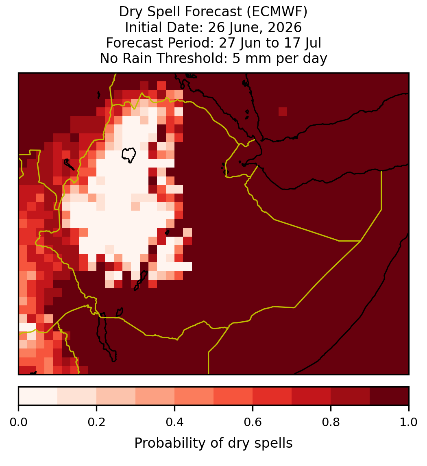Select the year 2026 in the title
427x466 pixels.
(285, 27)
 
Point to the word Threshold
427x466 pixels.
(187, 58)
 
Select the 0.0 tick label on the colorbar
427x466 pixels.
(18, 422)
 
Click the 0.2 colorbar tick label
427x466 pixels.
(96, 422)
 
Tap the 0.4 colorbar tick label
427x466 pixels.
(175, 422)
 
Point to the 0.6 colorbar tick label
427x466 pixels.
(253, 422)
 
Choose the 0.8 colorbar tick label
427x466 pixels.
(331, 422)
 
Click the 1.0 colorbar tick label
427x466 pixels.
(409, 422)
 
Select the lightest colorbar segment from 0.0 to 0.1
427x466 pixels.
(38, 396)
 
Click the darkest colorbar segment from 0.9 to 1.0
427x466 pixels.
(389, 396)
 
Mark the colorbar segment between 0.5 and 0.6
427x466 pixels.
(233, 396)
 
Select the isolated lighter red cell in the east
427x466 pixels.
(283, 111)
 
